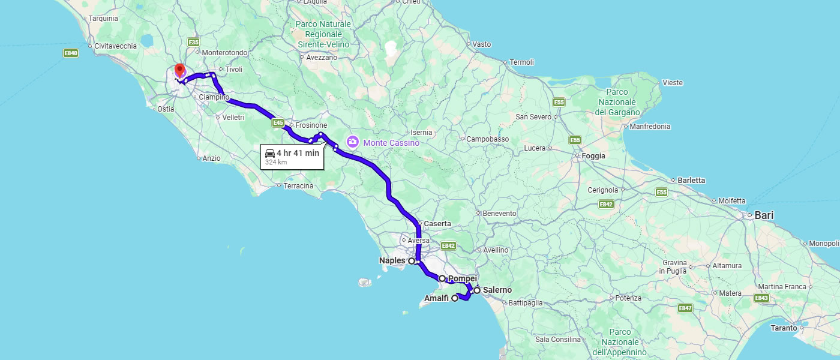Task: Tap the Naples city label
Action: tap(392, 261)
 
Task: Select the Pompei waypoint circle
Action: tap(442, 278)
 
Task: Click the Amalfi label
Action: tap(436, 298)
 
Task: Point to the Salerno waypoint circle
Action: tap(477, 290)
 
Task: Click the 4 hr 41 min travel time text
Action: tap(298, 153)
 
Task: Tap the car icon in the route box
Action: tap(270, 153)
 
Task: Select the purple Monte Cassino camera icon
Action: tap(353, 142)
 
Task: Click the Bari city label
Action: tap(764, 215)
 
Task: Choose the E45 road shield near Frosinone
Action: tap(277, 123)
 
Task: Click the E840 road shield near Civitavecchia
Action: tap(71, 53)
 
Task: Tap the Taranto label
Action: tap(784, 328)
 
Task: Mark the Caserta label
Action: tap(437, 224)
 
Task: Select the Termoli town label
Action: tap(521, 62)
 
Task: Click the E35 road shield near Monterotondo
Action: tap(193, 43)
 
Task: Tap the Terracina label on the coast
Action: tap(298, 186)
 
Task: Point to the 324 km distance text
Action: tap(276, 162)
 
